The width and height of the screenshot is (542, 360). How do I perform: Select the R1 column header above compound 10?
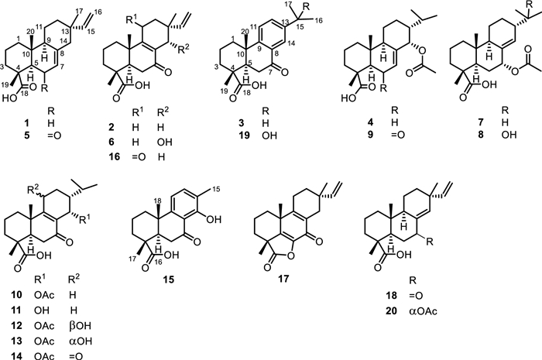click(39, 276)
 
